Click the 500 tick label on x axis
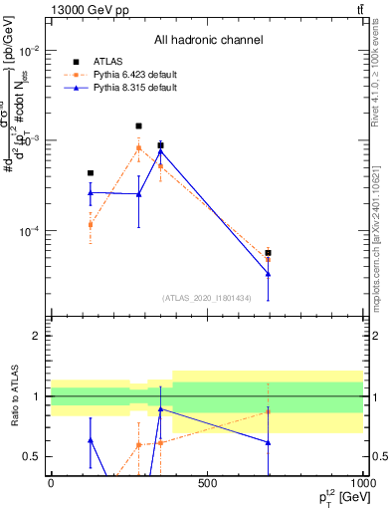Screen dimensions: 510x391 click(207, 484)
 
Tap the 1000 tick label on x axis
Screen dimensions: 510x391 click(360, 484)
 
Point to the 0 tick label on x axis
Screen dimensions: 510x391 click(51, 484)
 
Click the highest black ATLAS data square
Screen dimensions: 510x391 click(138, 127)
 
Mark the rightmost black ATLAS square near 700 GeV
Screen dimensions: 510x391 click(269, 253)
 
